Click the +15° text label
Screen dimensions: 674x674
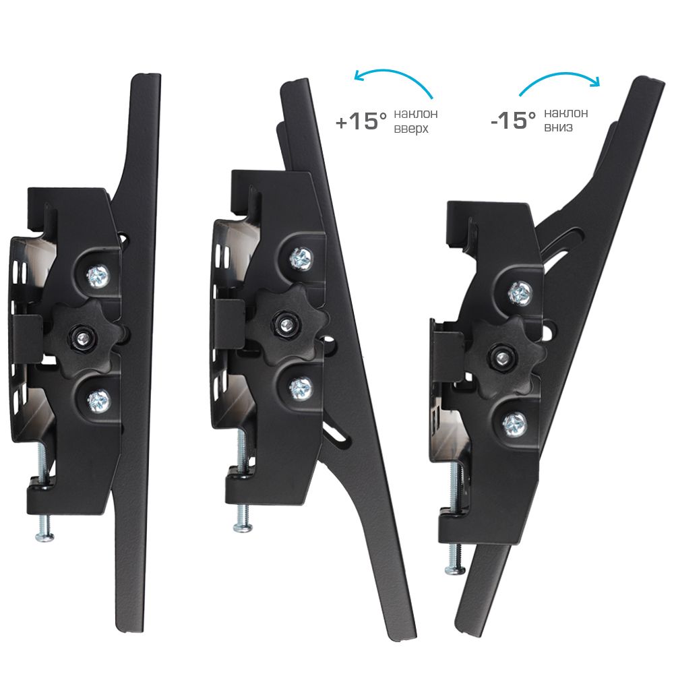pyautogui.click(x=361, y=121)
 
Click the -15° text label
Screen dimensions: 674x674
pyautogui.click(x=513, y=120)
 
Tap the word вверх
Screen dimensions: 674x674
pyautogui.click(x=411, y=129)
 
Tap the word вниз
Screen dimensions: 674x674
pyautogui.click(x=558, y=127)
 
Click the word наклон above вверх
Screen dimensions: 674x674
pyautogui.click(x=416, y=114)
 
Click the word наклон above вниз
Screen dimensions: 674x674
pyautogui.click(x=565, y=113)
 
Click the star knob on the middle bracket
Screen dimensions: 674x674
pyautogui.click(x=285, y=326)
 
